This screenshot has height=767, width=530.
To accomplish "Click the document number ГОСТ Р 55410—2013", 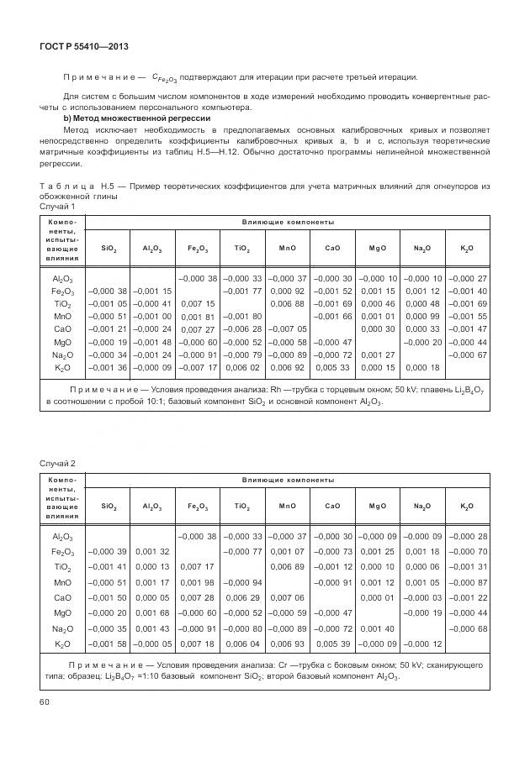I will [78, 46].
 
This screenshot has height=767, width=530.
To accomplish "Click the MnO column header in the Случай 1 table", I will [287, 249].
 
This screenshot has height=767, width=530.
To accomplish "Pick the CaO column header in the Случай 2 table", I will [332, 507].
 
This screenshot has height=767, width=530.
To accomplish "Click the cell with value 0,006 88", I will [287, 302].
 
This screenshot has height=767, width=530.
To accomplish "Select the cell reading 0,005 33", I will [332, 367].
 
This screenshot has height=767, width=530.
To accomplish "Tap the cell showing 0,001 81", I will [199, 316].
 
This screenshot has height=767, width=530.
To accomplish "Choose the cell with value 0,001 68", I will [153, 612].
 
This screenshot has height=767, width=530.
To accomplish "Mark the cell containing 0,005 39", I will [332, 643].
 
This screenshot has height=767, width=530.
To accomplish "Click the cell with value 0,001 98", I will [199, 582].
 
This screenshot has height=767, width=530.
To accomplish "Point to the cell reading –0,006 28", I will [242, 328].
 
